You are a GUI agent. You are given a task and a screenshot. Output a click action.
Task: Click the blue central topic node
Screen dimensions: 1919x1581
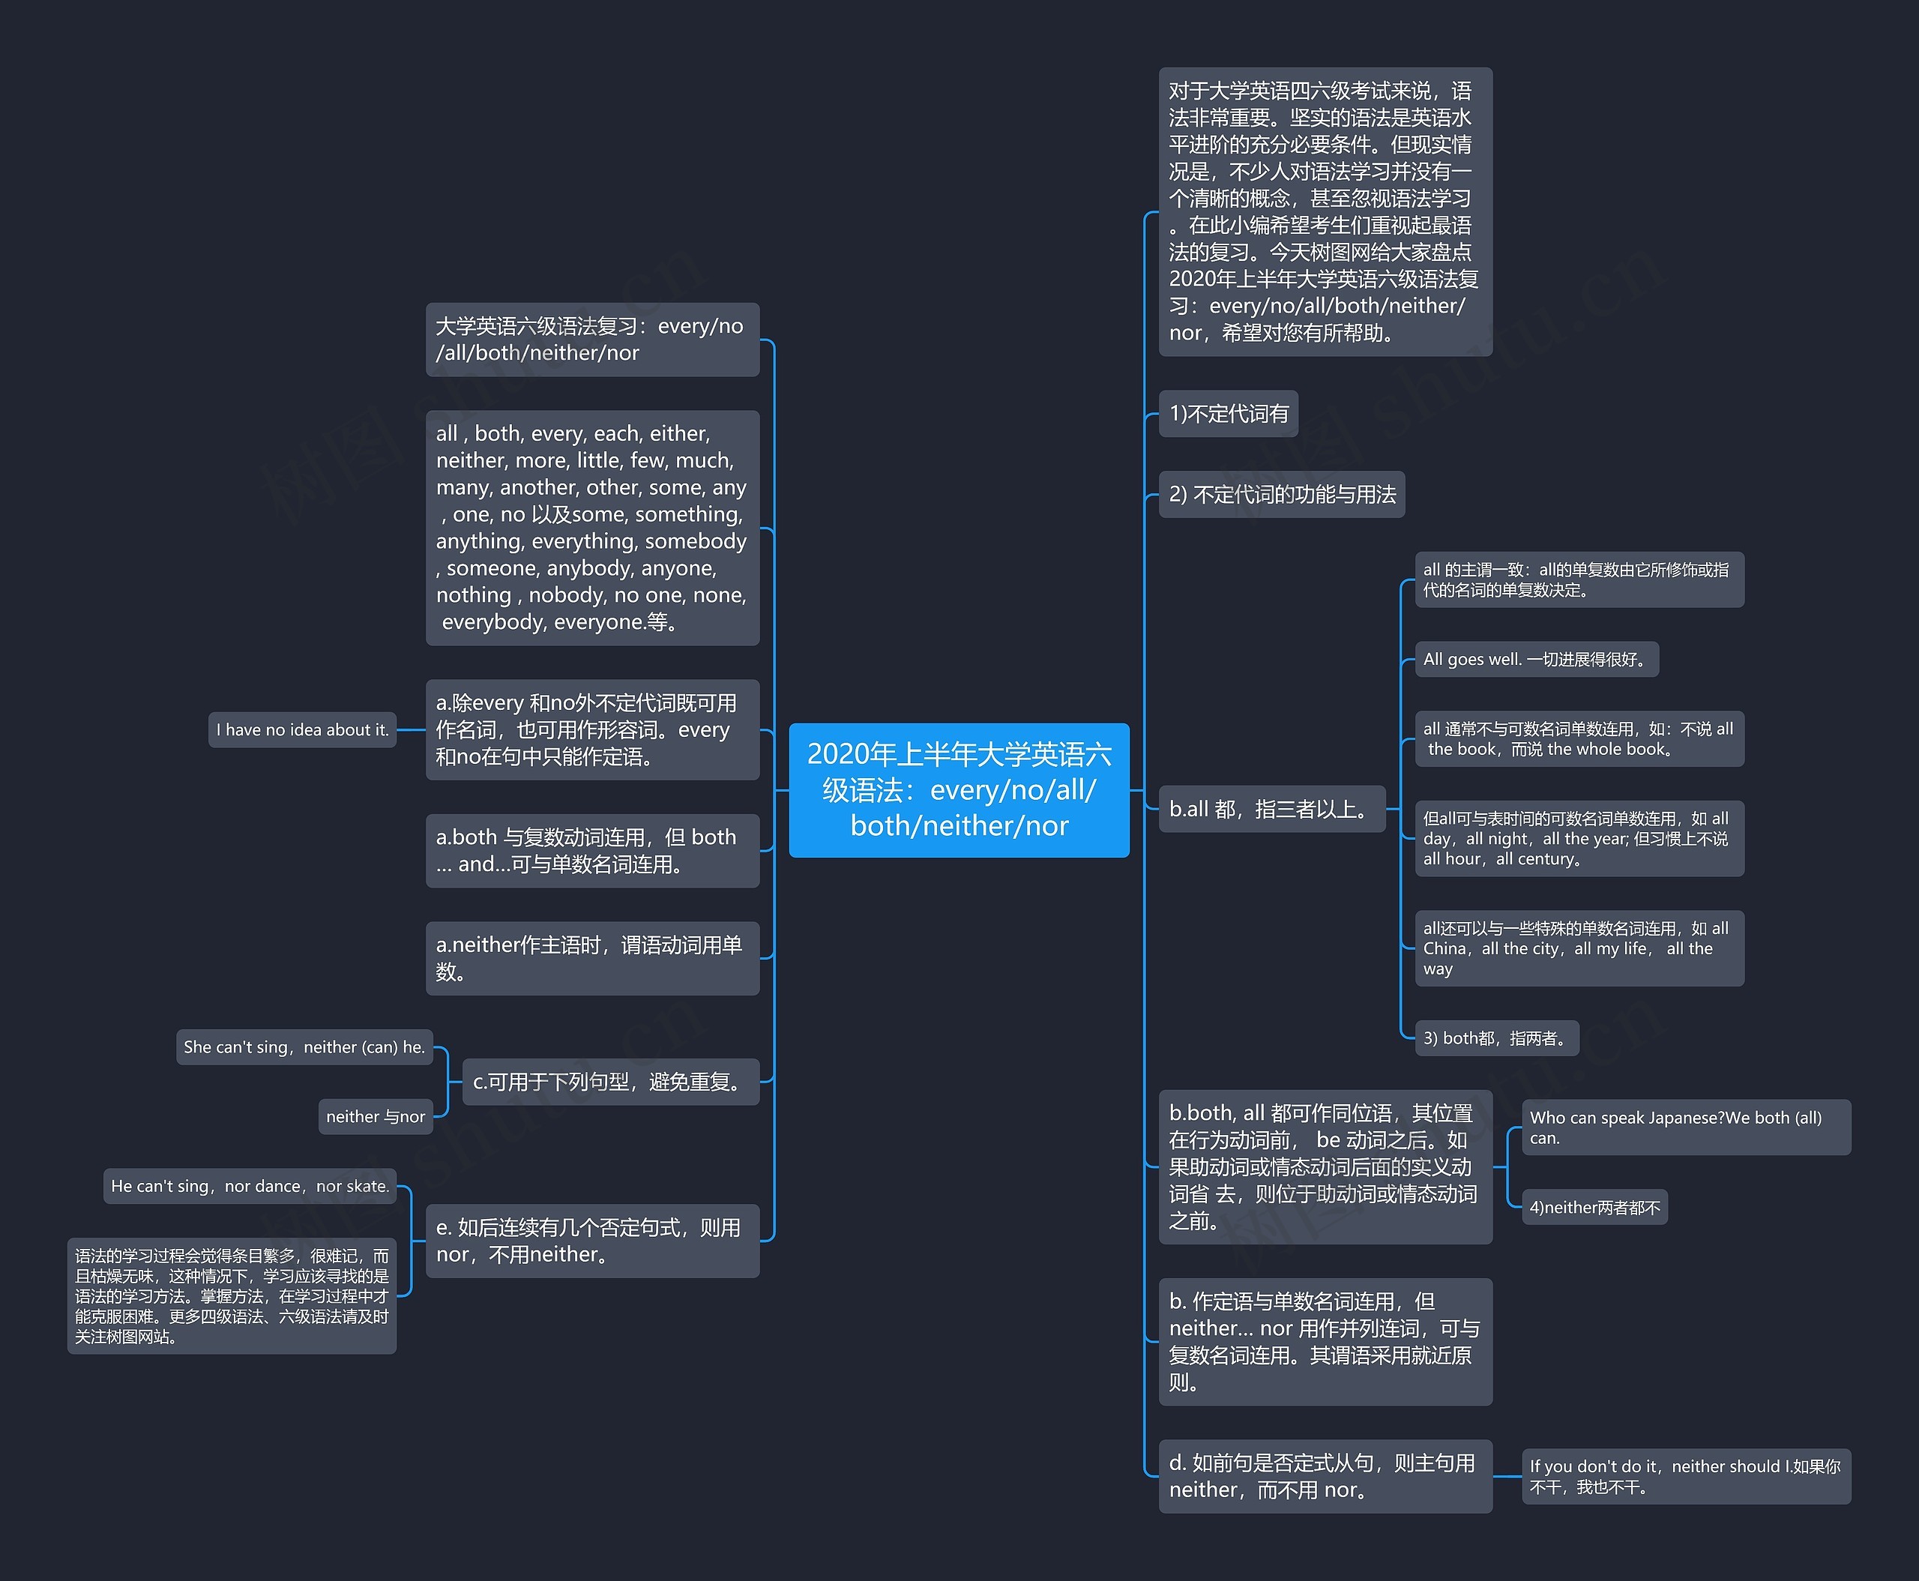(959, 789)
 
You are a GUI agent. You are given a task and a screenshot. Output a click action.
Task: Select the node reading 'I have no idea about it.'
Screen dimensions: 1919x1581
(302, 729)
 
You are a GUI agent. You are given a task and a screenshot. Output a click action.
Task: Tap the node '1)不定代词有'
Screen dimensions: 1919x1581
(1229, 414)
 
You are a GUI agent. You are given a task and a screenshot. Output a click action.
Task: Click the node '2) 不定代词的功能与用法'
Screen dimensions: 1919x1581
(1282, 495)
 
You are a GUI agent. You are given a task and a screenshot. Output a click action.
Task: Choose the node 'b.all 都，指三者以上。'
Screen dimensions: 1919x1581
(1271, 809)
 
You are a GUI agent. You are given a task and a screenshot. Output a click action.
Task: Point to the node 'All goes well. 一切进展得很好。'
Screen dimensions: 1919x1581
(1537, 660)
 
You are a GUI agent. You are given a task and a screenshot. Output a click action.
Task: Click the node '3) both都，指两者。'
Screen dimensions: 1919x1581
(1496, 1038)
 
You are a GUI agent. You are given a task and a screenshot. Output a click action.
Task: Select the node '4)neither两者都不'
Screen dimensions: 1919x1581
(1594, 1208)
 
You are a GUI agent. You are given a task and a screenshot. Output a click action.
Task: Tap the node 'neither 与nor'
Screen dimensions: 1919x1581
(376, 1116)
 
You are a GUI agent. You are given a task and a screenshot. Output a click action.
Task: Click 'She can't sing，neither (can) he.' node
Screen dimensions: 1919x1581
(304, 1047)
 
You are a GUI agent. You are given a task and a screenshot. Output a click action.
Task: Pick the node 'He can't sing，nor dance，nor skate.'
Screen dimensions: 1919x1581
(250, 1186)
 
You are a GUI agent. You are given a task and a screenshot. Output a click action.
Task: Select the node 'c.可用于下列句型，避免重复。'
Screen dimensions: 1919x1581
(610, 1082)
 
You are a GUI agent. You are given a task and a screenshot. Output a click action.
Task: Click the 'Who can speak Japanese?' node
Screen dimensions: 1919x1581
(1686, 1127)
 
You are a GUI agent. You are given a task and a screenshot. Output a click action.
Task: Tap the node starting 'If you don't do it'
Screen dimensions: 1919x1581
(1686, 1476)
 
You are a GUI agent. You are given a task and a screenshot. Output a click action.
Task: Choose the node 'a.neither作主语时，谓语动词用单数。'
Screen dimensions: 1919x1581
(592, 958)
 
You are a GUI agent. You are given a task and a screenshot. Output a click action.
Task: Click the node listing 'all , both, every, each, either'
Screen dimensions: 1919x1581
(592, 528)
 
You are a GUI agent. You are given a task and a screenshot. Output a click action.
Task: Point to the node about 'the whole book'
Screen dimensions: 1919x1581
(1579, 738)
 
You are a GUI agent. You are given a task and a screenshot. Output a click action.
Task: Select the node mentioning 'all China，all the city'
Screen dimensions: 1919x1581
(1579, 948)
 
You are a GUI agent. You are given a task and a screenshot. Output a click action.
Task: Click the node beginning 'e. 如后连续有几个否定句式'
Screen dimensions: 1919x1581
(592, 1241)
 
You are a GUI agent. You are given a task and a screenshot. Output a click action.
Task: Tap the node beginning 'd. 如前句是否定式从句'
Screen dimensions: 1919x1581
(1325, 1476)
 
